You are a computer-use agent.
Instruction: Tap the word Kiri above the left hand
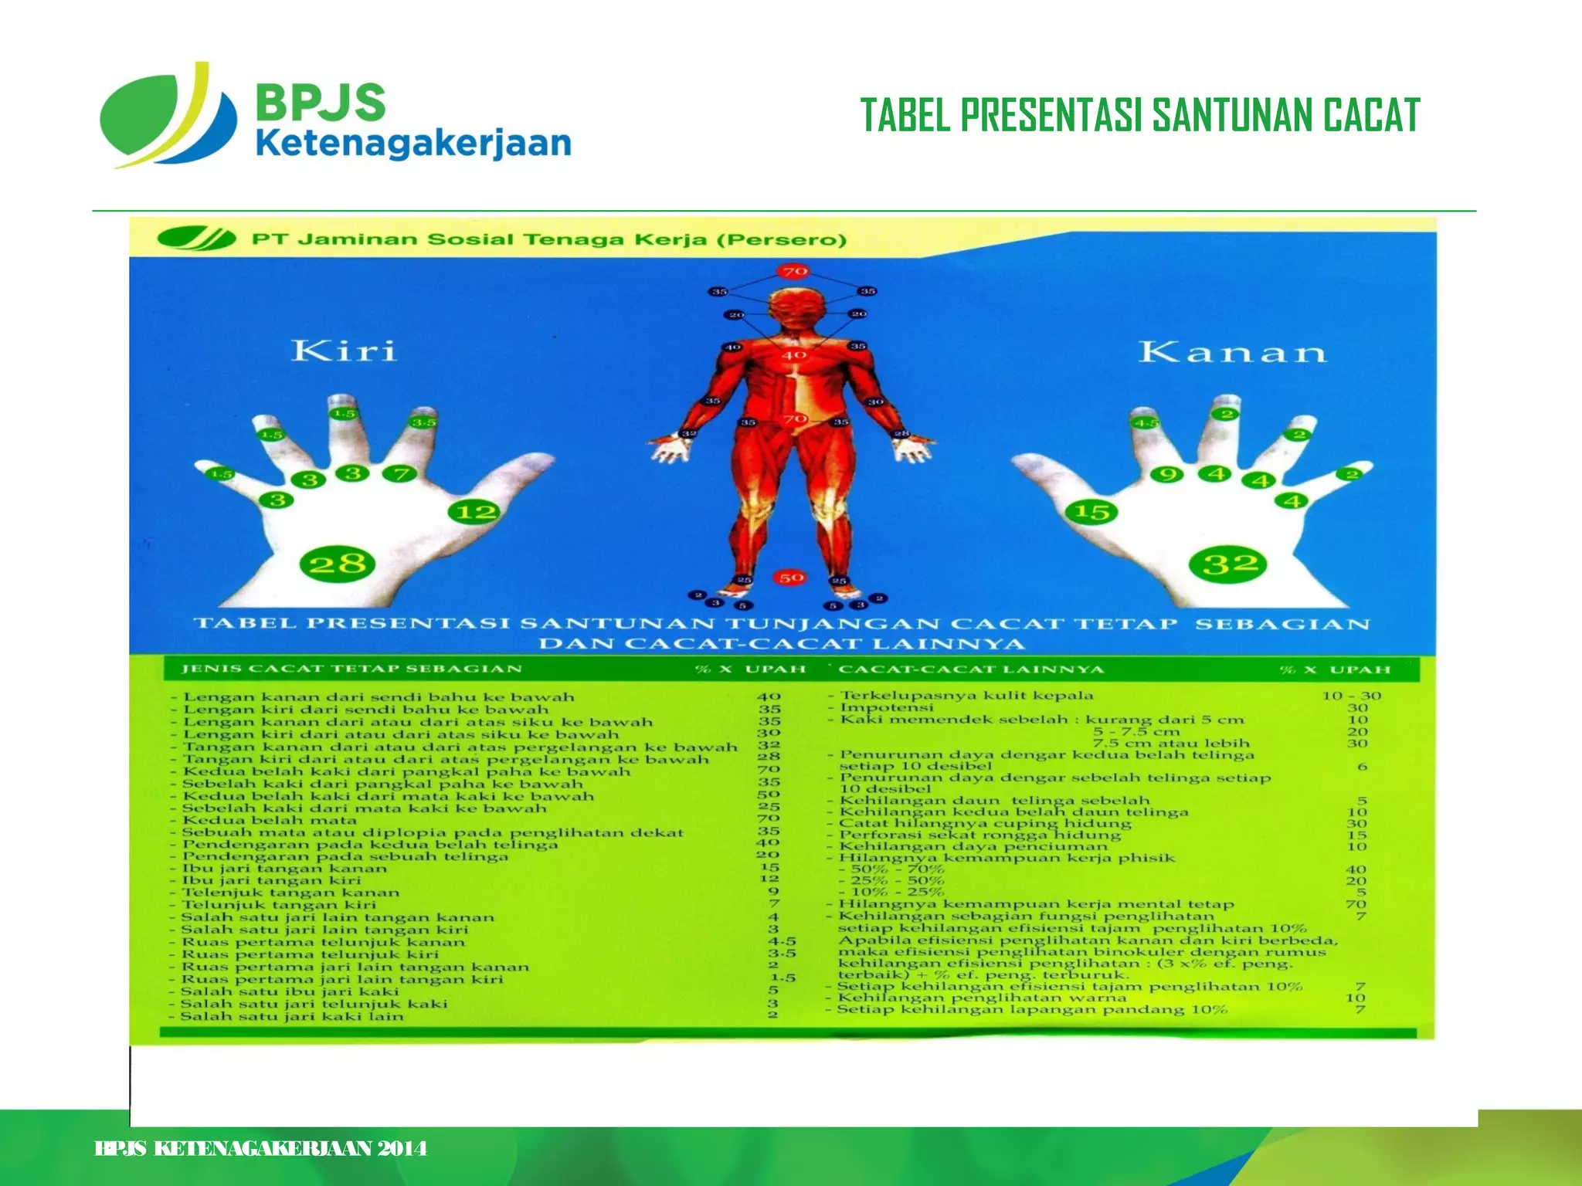point(344,351)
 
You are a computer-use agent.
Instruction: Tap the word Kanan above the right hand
point(1232,352)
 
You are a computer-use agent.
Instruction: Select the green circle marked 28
point(338,563)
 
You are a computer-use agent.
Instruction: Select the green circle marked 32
point(1229,563)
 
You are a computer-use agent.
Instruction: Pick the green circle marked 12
point(474,511)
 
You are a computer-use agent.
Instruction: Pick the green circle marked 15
point(1091,511)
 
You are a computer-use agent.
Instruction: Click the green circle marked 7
point(399,473)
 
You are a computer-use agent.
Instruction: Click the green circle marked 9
point(1167,473)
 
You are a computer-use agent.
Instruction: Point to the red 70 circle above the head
point(795,271)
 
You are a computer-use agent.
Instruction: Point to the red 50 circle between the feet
point(790,577)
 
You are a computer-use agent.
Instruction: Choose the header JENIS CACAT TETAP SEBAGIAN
point(351,669)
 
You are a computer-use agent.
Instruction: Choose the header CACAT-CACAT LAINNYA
point(971,669)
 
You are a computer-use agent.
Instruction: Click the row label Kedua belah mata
point(270,820)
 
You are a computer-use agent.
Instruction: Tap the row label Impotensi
point(887,707)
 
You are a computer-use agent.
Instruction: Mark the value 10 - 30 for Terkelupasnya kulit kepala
point(1351,696)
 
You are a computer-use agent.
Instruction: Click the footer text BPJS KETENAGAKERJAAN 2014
point(260,1148)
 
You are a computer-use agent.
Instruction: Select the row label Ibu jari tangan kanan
point(284,869)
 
